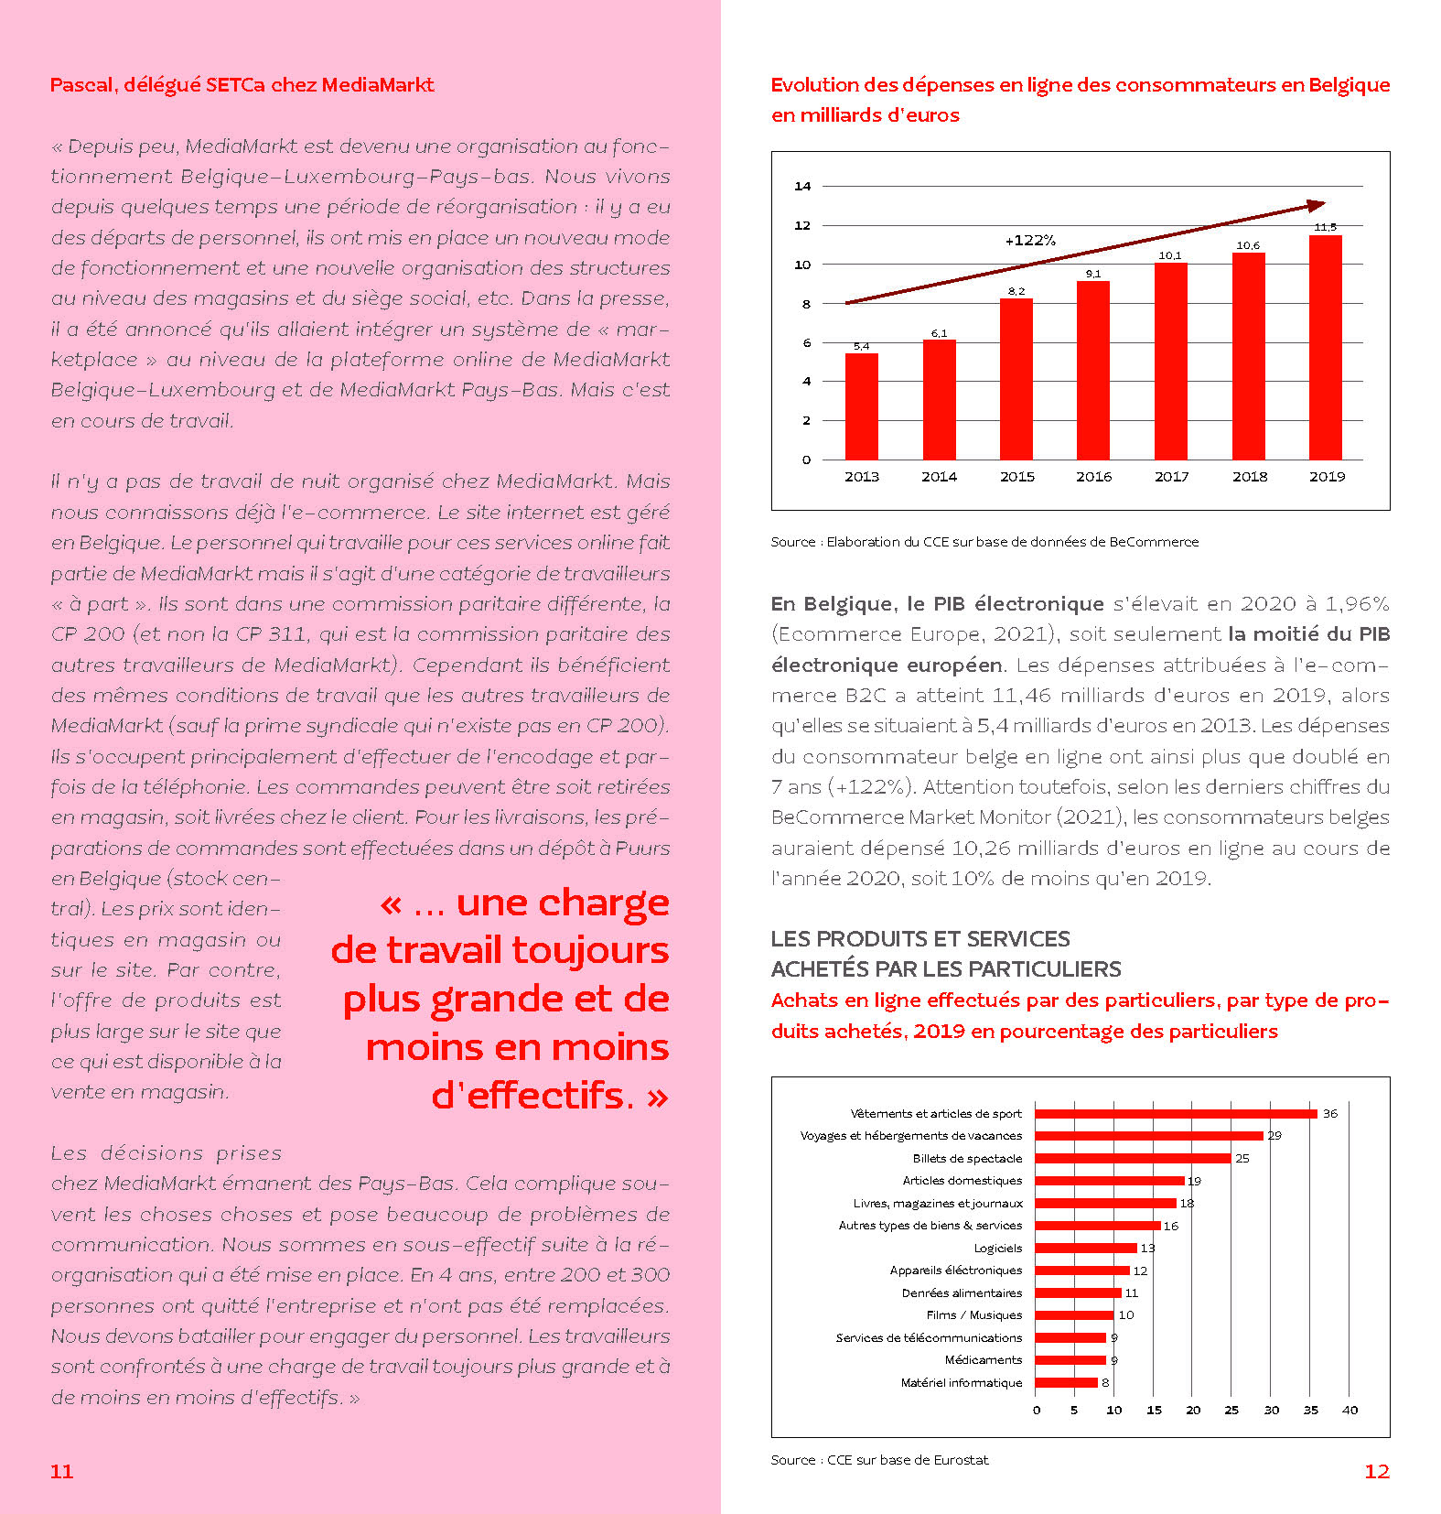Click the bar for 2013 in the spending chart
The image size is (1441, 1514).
pyautogui.click(x=861, y=406)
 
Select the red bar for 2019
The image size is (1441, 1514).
pyautogui.click(x=1326, y=348)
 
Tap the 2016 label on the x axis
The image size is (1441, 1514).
pyautogui.click(x=1093, y=477)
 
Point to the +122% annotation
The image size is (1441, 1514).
pyautogui.click(x=1030, y=241)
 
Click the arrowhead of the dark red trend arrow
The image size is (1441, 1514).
pyautogui.click(x=1317, y=206)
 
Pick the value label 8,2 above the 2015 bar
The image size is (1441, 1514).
pyautogui.click(x=1016, y=291)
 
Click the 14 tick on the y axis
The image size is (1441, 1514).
pyautogui.click(x=802, y=187)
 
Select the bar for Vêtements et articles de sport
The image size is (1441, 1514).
pyautogui.click(x=1176, y=1114)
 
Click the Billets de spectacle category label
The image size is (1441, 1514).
pyautogui.click(x=967, y=1159)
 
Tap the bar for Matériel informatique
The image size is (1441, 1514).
pyautogui.click(x=1066, y=1383)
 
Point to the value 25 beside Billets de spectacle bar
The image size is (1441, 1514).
pyautogui.click(x=1242, y=1159)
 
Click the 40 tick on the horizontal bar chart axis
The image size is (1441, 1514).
pyautogui.click(x=1350, y=1411)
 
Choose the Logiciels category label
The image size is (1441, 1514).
pyautogui.click(x=997, y=1249)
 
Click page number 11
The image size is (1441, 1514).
pyautogui.click(x=61, y=1471)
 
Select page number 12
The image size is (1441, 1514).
pyautogui.click(x=1376, y=1471)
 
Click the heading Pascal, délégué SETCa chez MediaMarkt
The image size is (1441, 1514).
pyautogui.click(x=242, y=85)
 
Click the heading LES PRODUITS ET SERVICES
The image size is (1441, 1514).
pyautogui.click(x=919, y=939)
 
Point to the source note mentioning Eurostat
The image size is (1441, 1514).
pyautogui.click(x=879, y=1460)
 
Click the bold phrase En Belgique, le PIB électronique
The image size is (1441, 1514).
pyautogui.click(x=937, y=604)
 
